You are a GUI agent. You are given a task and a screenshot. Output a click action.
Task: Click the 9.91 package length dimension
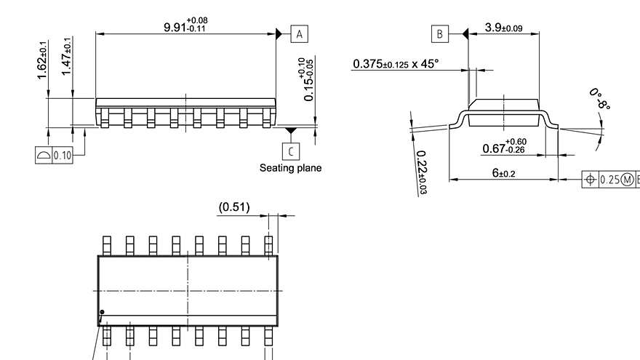coord(185,25)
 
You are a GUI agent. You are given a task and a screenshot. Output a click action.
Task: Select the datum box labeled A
coord(300,33)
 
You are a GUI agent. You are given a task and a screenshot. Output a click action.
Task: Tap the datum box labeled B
coord(439,33)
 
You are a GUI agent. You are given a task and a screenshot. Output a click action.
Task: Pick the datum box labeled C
coord(292,151)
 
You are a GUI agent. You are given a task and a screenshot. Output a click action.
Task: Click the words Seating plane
coord(290,168)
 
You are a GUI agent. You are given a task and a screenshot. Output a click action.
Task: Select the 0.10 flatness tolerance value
coord(63,156)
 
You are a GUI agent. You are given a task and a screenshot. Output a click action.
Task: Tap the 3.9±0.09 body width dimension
coord(503,28)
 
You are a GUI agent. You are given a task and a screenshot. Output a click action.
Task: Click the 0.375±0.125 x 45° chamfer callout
coord(396,64)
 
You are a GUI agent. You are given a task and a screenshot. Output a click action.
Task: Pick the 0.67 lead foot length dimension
coord(505,146)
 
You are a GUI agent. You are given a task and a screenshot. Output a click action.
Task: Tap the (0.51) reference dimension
coord(234,207)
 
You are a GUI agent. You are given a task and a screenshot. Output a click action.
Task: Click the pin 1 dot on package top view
coord(103,312)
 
